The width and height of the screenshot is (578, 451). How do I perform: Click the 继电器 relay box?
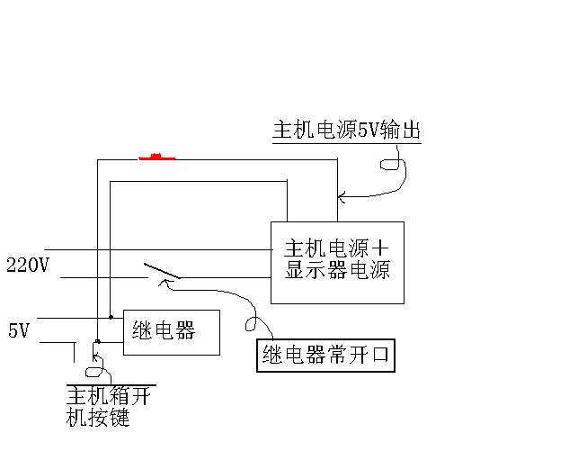coord(172,331)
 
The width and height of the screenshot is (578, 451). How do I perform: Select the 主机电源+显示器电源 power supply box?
coord(337,262)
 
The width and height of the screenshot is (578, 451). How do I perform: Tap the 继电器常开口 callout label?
coord(326,355)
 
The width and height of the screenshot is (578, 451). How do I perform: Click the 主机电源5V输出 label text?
coord(347,131)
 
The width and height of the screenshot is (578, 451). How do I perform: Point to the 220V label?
coord(27,265)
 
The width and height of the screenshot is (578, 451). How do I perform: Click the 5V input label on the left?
coord(19,331)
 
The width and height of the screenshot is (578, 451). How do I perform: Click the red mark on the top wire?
coord(156,158)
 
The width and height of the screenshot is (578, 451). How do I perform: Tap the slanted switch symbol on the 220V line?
coord(161,271)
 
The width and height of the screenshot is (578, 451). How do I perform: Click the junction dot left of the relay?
coord(110,317)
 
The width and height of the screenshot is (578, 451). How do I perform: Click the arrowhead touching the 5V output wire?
coord(342,194)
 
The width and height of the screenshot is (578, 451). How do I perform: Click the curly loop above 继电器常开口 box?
coord(253,324)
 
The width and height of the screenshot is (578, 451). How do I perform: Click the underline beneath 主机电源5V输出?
coord(347,142)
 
